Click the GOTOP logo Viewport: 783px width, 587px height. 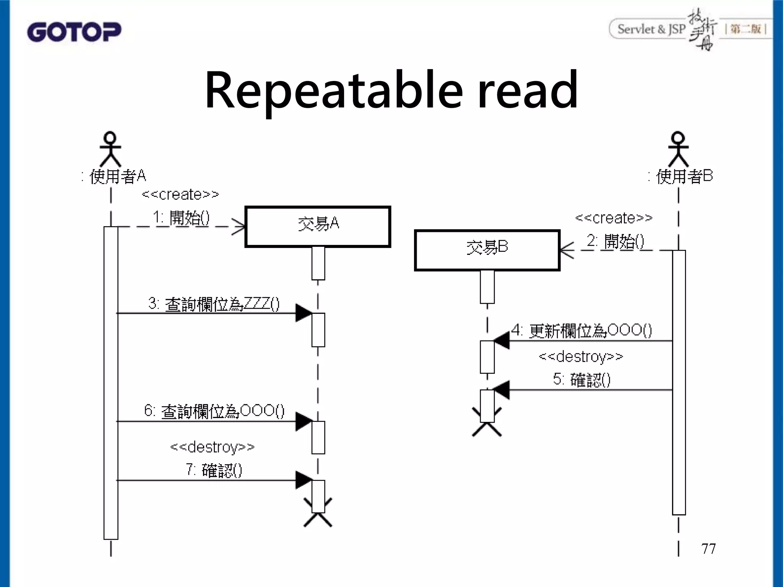[74, 32]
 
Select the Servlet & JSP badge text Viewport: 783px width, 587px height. [651, 29]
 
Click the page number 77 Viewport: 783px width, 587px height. [708, 549]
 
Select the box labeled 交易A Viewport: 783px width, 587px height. [318, 227]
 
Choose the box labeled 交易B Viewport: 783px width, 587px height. [487, 250]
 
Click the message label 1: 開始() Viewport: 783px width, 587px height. [181, 218]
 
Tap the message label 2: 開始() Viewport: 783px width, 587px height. [615, 242]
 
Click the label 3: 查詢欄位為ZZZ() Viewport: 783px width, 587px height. [214, 304]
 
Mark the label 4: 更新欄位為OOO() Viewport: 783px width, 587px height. [582, 330]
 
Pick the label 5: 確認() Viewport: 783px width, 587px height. [582, 379]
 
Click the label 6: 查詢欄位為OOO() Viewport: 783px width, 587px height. [214, 411]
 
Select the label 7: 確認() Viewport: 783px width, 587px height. [214, 470]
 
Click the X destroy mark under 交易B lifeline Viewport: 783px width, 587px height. [487, 422]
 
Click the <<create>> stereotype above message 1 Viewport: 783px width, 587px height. [180, 194]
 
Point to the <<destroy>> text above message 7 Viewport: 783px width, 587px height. [212, 446]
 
